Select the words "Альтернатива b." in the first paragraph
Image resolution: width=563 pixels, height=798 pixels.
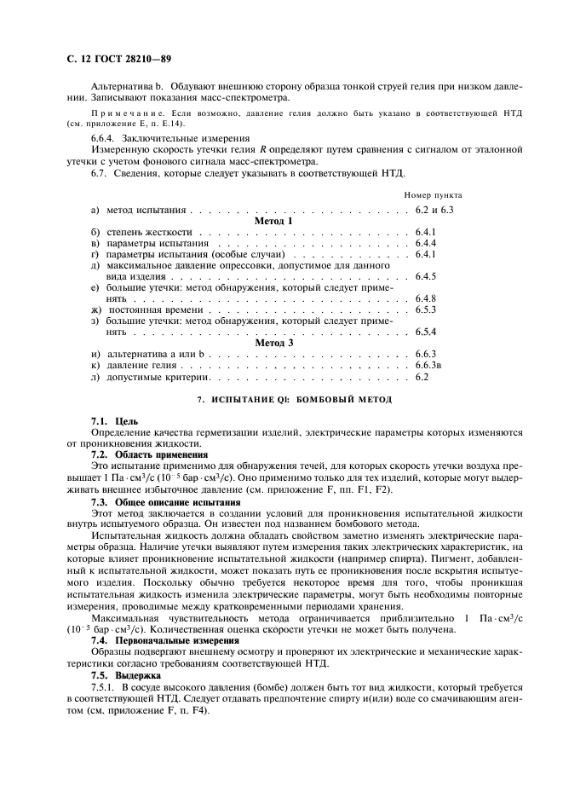point(128,88)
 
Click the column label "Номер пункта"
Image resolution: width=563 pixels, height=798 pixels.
point(433,195)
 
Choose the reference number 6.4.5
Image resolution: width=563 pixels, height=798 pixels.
point(425,276)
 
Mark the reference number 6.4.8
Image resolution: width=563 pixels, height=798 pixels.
point(425,298)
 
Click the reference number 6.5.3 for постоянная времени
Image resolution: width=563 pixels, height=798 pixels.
point(425,309)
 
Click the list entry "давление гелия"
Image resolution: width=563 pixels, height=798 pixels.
point(137,365)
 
